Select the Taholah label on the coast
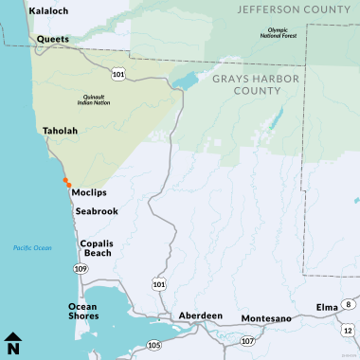click(58, 135)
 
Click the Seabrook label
click(97, 210)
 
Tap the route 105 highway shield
click(154, 347)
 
